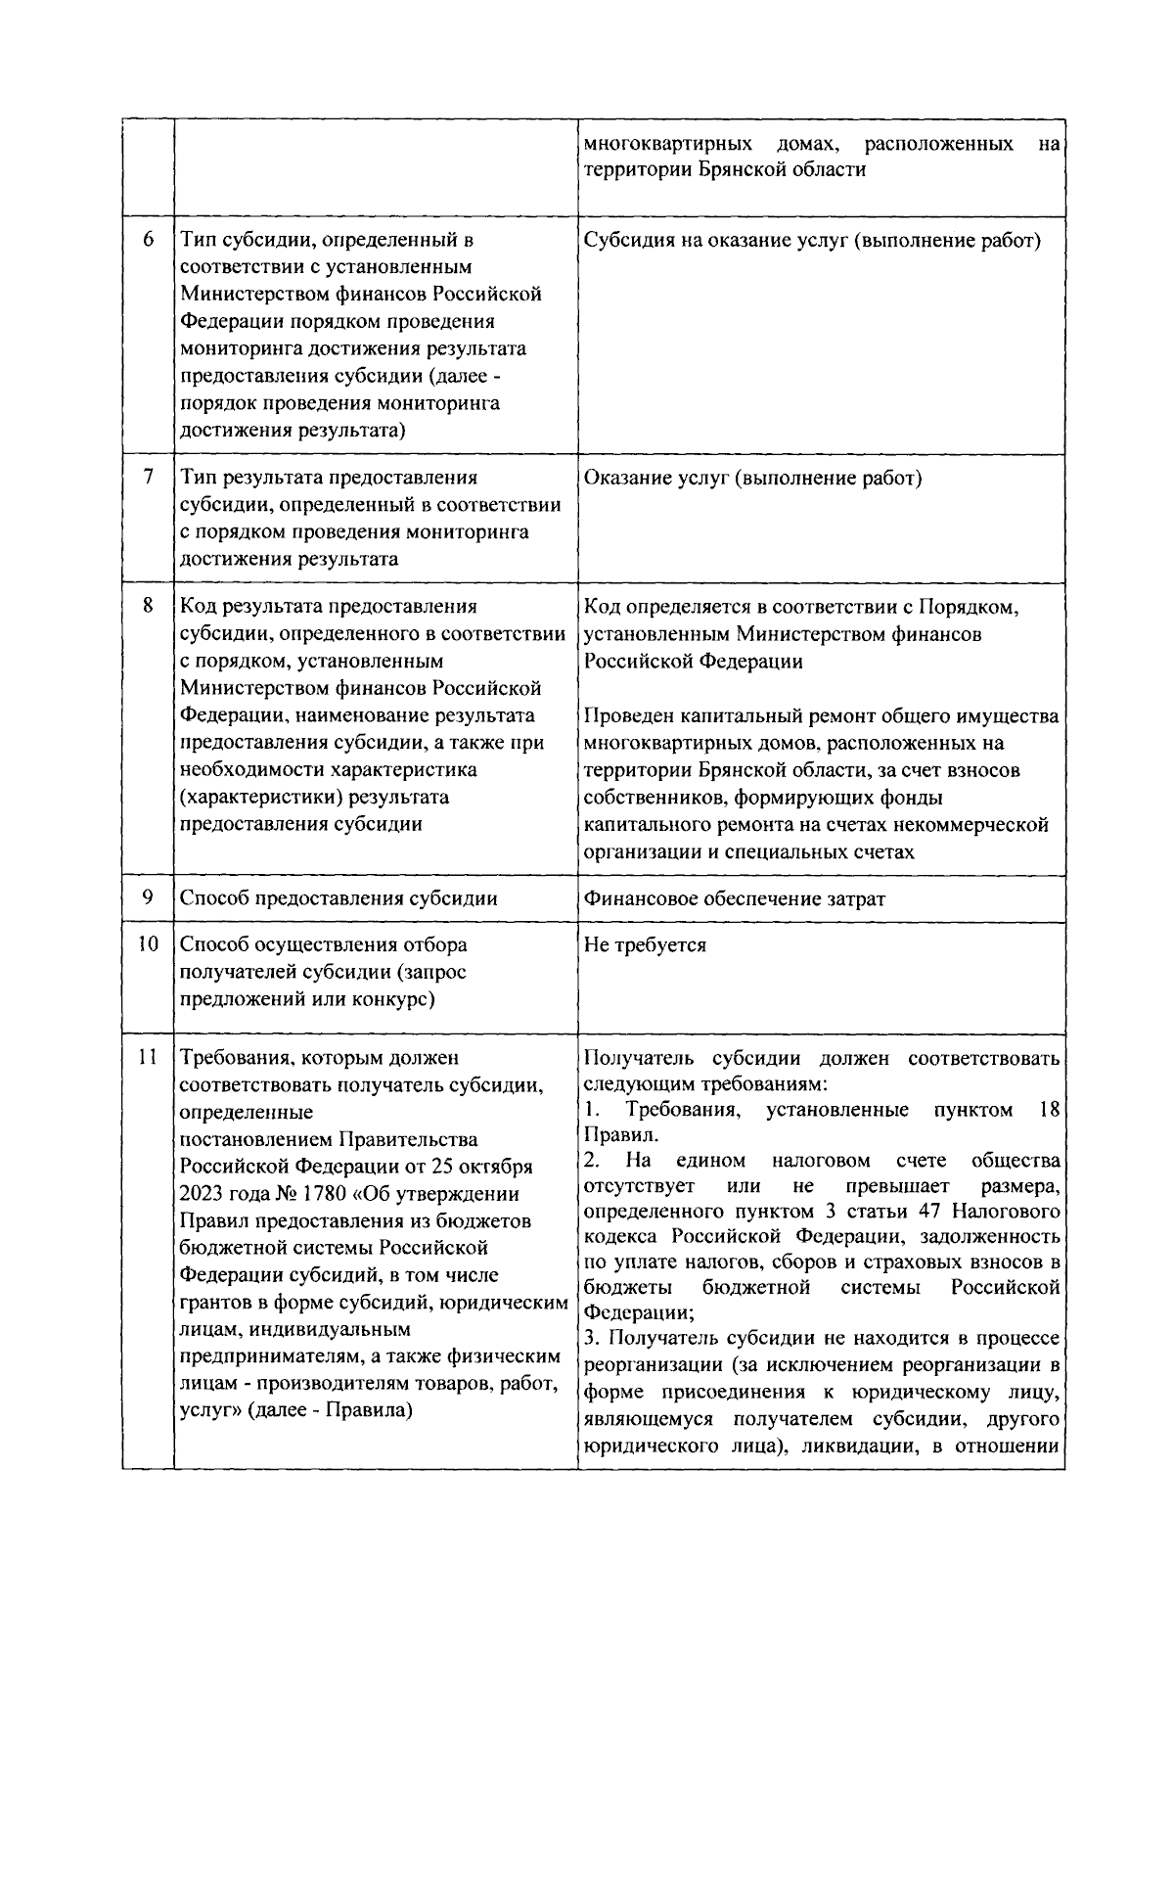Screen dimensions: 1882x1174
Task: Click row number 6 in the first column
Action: pos(148,239)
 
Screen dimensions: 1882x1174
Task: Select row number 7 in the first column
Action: pos(148,478)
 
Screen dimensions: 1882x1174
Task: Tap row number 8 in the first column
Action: pos(148,606)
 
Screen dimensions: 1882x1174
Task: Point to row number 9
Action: pos(148,897)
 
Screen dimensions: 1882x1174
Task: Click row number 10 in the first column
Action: pos(148,944)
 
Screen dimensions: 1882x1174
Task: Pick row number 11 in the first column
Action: pos(148,1057)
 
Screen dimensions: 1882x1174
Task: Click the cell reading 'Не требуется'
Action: pos(645,945)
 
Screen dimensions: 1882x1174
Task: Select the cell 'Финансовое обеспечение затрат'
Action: pos(734,898)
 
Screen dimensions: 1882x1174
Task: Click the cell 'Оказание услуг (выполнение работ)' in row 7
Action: pos(753,479)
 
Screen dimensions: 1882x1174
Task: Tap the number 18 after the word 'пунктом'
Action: pos(1049,1110)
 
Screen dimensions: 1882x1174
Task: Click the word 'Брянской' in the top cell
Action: pos(744,169)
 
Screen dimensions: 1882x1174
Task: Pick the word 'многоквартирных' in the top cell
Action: pos(667,145)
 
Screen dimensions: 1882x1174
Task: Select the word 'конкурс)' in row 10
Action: pos(396,999)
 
